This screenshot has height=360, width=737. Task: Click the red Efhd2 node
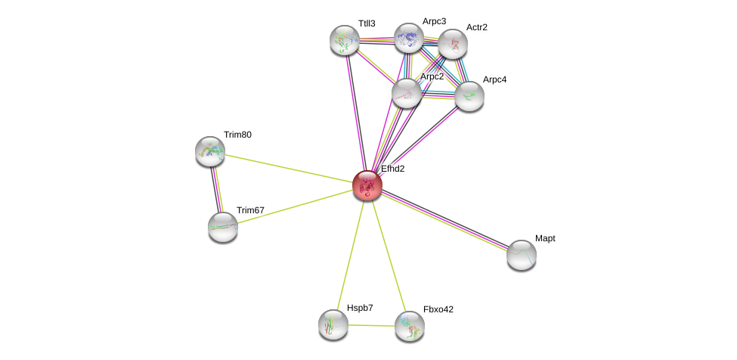pyautogui.click(x=367, y=185)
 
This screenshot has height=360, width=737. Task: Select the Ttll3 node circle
pyautogui.click(x=345, y=40)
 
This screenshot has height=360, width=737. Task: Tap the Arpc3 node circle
pyautogui.click(x=408, y=38)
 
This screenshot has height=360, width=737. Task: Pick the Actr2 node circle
pyautogui.click(x=453, y=44)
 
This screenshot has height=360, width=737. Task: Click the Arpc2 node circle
pyautogui.click(x=407, y=93)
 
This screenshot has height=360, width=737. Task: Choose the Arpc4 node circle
pyautogui.click(x=469, y=96)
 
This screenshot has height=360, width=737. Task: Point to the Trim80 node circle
pyautogui.click(x=210, y=151)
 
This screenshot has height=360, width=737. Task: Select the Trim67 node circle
pyautogui.click(x=223, y=226)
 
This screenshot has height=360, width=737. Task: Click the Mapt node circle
pyautogui.click(x=522, y=255)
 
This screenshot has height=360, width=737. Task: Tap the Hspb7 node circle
pyautogui.click(x=333, y=324)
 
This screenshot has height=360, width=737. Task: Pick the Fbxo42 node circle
pyautogui.click(x=410, y=326)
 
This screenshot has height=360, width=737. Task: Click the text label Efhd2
pyautogui.click(x=392, y=169)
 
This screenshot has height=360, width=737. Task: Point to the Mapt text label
pyautogui.click(x=545, y=238)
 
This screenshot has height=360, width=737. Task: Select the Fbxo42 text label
pyautogui.click(x=438, y=309)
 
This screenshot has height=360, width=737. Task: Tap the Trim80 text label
pyautogui.click(x=237, y=135)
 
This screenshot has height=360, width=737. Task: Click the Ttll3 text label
pyautogui.click(x=367, y=23)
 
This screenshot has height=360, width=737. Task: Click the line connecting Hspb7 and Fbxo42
pyautogui.click(x=371, y=325)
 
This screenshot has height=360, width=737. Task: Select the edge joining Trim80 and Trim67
pyautogui.click(x=216, y=189)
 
